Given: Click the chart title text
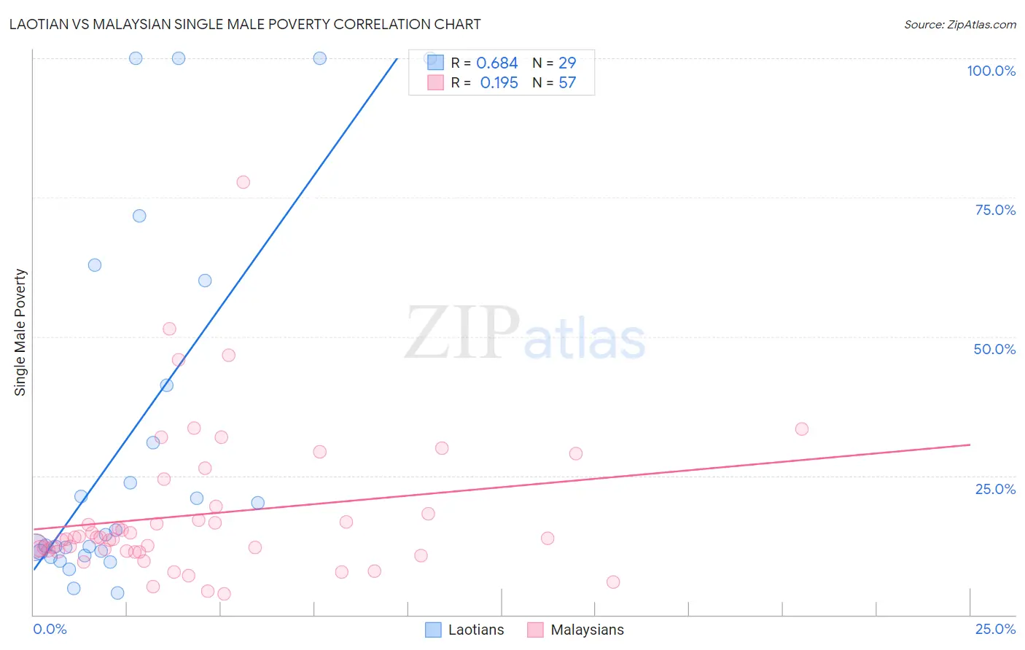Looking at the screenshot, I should (x=245, y=24).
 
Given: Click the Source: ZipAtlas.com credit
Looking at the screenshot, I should (x=959, y=24).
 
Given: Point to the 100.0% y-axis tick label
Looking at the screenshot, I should (x=991, y=71).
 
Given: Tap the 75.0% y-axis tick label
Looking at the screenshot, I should (x=995, y=210).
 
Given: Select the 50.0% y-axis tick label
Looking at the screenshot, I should (x=994, y=349).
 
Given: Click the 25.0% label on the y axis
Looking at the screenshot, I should (x=995, y=489).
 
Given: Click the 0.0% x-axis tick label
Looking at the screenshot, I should (x=50, y=629).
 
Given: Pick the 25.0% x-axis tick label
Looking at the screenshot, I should (x=995, y=629).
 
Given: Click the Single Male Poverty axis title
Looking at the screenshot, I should (x=20, y=332).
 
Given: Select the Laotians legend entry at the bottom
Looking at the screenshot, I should (x=465, y=630).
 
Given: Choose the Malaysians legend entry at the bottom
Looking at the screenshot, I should (x=576, y=630).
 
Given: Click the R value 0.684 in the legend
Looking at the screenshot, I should (x=496, y=63).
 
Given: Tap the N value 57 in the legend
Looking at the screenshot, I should (x=567, y=83).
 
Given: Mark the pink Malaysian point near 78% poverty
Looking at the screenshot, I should (x=243, y=182).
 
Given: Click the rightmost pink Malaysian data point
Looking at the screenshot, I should (x=802, y=429).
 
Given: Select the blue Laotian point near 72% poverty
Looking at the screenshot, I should (x=139, y=216).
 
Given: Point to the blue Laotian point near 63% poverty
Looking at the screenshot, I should (x=95, y=265).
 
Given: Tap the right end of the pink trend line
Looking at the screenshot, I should (x=970, y=445).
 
